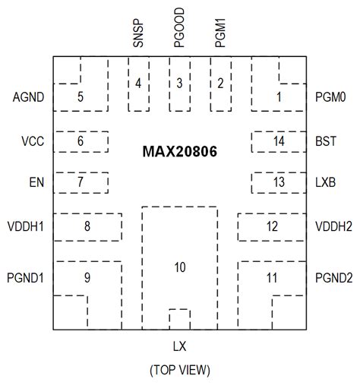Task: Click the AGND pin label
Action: coord(28,97)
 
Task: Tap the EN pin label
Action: coord(36,183)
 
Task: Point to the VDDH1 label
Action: coord(27,226)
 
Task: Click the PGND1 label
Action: coord(25,278)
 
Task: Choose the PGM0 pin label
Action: coord(330,97)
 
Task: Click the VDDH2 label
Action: coord(333,226)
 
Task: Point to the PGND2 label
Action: coord(333,278)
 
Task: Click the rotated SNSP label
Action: coord(138,34)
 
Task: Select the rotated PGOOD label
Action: coord(179,30)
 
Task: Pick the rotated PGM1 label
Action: coord(220,34)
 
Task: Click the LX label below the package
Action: coord(179,346)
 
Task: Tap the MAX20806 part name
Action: coord(179,153)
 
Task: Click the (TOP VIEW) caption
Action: coord(179,371)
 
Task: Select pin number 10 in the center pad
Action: coord(179,267)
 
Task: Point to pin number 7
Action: coord(80,183)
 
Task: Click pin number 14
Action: coord(279,141)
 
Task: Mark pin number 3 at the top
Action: coord(179,83)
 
